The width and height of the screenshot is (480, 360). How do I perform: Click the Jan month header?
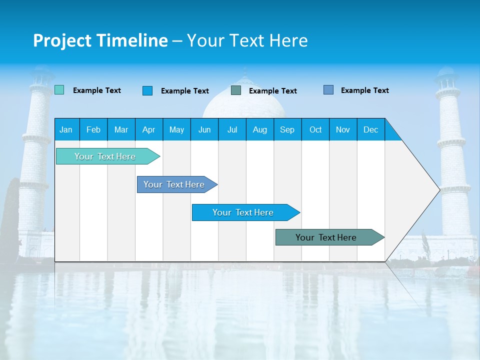[x=66, y=129]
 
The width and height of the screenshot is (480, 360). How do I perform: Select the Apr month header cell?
[x=149, y=129]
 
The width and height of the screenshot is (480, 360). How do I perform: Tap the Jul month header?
[x=232, y=129]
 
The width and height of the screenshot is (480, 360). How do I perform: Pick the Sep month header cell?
[x=287, y=129]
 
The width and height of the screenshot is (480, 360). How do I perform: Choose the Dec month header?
[x=370, y=129]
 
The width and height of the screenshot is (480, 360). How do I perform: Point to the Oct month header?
[x=315, y=129]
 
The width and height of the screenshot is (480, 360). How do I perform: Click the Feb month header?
[x=93, y=129]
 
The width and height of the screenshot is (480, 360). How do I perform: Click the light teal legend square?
[x=59, y=90]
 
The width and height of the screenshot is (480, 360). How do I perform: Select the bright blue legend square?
[x=147, y=90]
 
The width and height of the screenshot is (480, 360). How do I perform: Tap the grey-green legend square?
[x=236, y=90]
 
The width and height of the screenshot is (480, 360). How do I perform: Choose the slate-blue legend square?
[x=328, y=90]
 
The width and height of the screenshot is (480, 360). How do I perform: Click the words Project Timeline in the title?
[x=100, y=40]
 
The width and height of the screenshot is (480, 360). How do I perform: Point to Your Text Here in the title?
[x=247, y=40]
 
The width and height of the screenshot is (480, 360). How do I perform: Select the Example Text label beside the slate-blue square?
[x=364, y=90]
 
